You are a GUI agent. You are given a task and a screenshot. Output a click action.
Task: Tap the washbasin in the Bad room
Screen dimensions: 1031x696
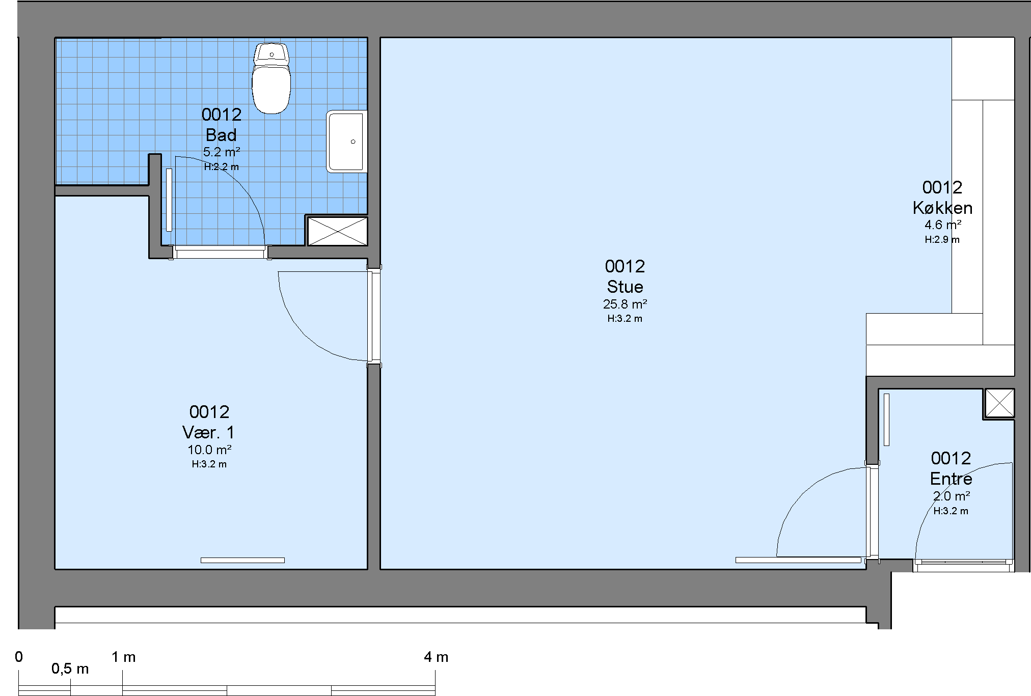(x=347, y=141)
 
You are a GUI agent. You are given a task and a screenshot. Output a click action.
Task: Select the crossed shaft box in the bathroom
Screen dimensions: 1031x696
(x=337, y=231)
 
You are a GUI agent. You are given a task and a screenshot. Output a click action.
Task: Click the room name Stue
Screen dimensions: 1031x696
(x=625, y=287)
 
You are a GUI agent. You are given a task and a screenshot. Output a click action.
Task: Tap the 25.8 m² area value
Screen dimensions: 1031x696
(x=625, y=304)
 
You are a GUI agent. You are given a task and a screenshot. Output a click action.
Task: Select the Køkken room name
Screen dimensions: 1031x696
(x=942, y=208)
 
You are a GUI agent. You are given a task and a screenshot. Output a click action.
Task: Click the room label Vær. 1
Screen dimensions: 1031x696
(x=209, y=432)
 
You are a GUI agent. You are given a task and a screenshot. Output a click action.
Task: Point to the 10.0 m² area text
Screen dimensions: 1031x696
(x=209, y=450)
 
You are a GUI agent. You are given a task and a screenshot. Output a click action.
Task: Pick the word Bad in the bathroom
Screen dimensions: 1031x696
(x=221, y=135)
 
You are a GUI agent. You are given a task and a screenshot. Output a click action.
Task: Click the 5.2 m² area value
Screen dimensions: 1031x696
(x=222, y=151)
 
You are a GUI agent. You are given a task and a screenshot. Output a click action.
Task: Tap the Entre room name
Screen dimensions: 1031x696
(x=951, y=479)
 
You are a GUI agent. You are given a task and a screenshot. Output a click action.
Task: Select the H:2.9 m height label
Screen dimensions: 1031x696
(x=942, y=239)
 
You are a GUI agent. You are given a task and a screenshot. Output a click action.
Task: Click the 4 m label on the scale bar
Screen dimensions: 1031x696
(x=436, y=657)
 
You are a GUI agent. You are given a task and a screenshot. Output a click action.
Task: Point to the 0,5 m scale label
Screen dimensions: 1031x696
(x=70, y=669)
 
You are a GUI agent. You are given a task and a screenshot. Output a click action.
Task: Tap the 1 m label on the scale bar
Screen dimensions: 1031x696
(x=124, y=657)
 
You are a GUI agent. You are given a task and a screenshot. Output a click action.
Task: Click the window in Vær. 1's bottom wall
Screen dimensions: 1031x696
(x=242, y=560)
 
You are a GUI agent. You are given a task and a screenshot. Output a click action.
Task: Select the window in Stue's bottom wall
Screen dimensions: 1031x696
(x=798, y=560)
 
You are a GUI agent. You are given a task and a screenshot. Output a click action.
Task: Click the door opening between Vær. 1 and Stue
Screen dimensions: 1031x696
(x=374, y=316)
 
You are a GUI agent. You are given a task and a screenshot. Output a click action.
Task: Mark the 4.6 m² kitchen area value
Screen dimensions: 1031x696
(x=943, y=225)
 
